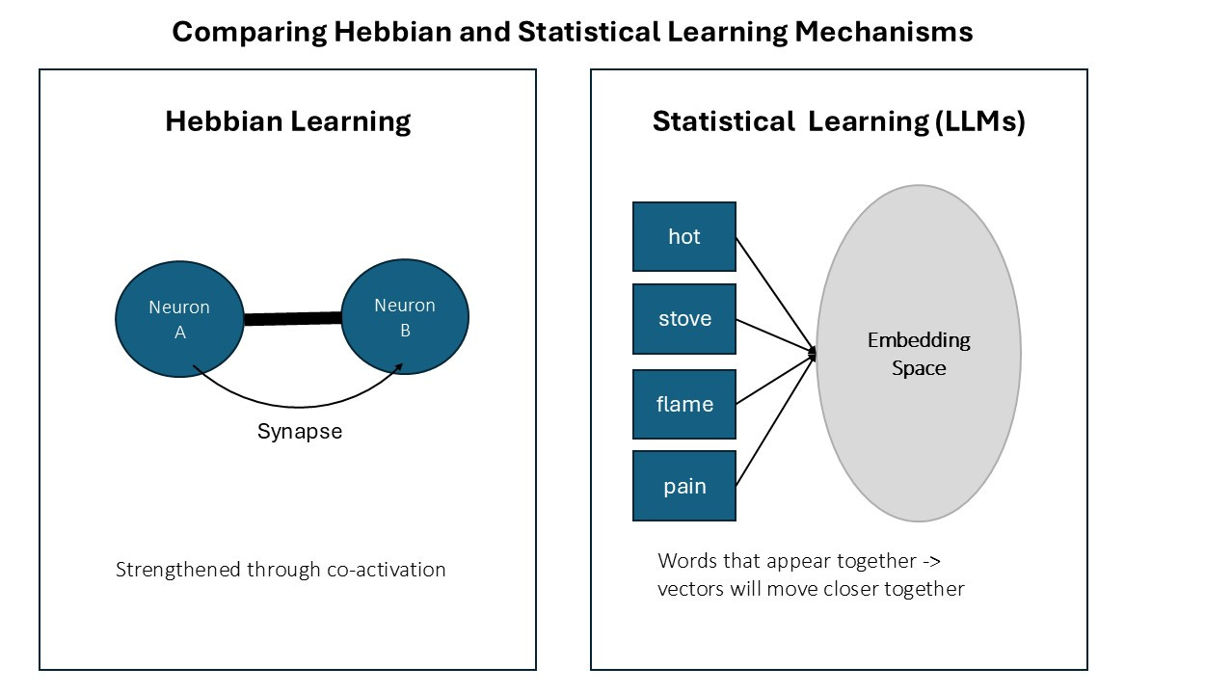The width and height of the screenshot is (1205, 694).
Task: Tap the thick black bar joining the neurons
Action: (293, 319)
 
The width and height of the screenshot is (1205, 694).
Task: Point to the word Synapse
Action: (299, 431)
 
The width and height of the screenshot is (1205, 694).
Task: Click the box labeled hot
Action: (684, 236)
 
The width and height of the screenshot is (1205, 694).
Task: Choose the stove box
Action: (684, 319)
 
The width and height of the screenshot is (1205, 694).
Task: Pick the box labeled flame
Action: (684, 404)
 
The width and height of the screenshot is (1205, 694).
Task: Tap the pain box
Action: (684, 486)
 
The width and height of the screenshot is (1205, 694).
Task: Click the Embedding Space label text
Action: (919, 354)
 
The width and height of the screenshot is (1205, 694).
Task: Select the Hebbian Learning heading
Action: (288, 121)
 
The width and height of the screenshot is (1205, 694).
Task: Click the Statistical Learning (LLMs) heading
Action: (838, 121)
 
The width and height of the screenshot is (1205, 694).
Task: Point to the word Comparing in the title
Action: (248, 32)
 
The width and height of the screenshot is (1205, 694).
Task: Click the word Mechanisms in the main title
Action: (884, 32)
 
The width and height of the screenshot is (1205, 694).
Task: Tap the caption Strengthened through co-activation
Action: (281, 569)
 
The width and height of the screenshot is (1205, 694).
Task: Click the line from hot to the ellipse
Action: (776, 294)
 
